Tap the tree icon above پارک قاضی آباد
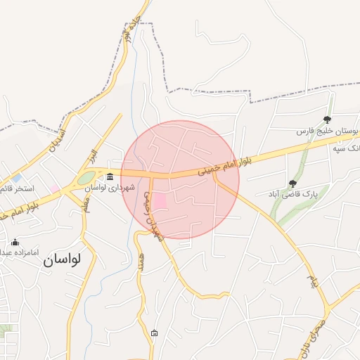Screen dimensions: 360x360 (x=292, y=183)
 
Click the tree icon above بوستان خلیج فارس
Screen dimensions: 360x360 (x=327, y=120)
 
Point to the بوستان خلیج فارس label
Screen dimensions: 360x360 (x=326, y=131)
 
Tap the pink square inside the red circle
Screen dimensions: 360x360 (x=160, y=201)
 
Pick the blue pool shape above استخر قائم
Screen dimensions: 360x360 (x=17, y=179)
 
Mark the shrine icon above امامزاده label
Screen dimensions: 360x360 (x=15, y=242)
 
